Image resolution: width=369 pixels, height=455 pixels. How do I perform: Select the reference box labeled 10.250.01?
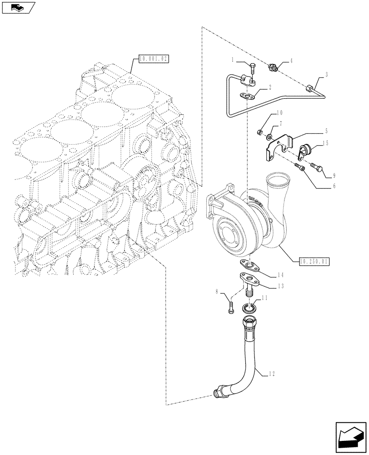pyautogui.click(x=314, y=261)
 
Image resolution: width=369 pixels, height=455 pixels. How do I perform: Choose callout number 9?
pyautogui.click(x=334, y=175)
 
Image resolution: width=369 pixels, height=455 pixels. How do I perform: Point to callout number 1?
pyautogui.click(x=233, y=59)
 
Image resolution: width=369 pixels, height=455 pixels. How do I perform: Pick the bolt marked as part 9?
pyautogui.click(x=317, y=168)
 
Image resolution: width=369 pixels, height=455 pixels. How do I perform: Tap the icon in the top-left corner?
pyautogui.click(x=18, y=7)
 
